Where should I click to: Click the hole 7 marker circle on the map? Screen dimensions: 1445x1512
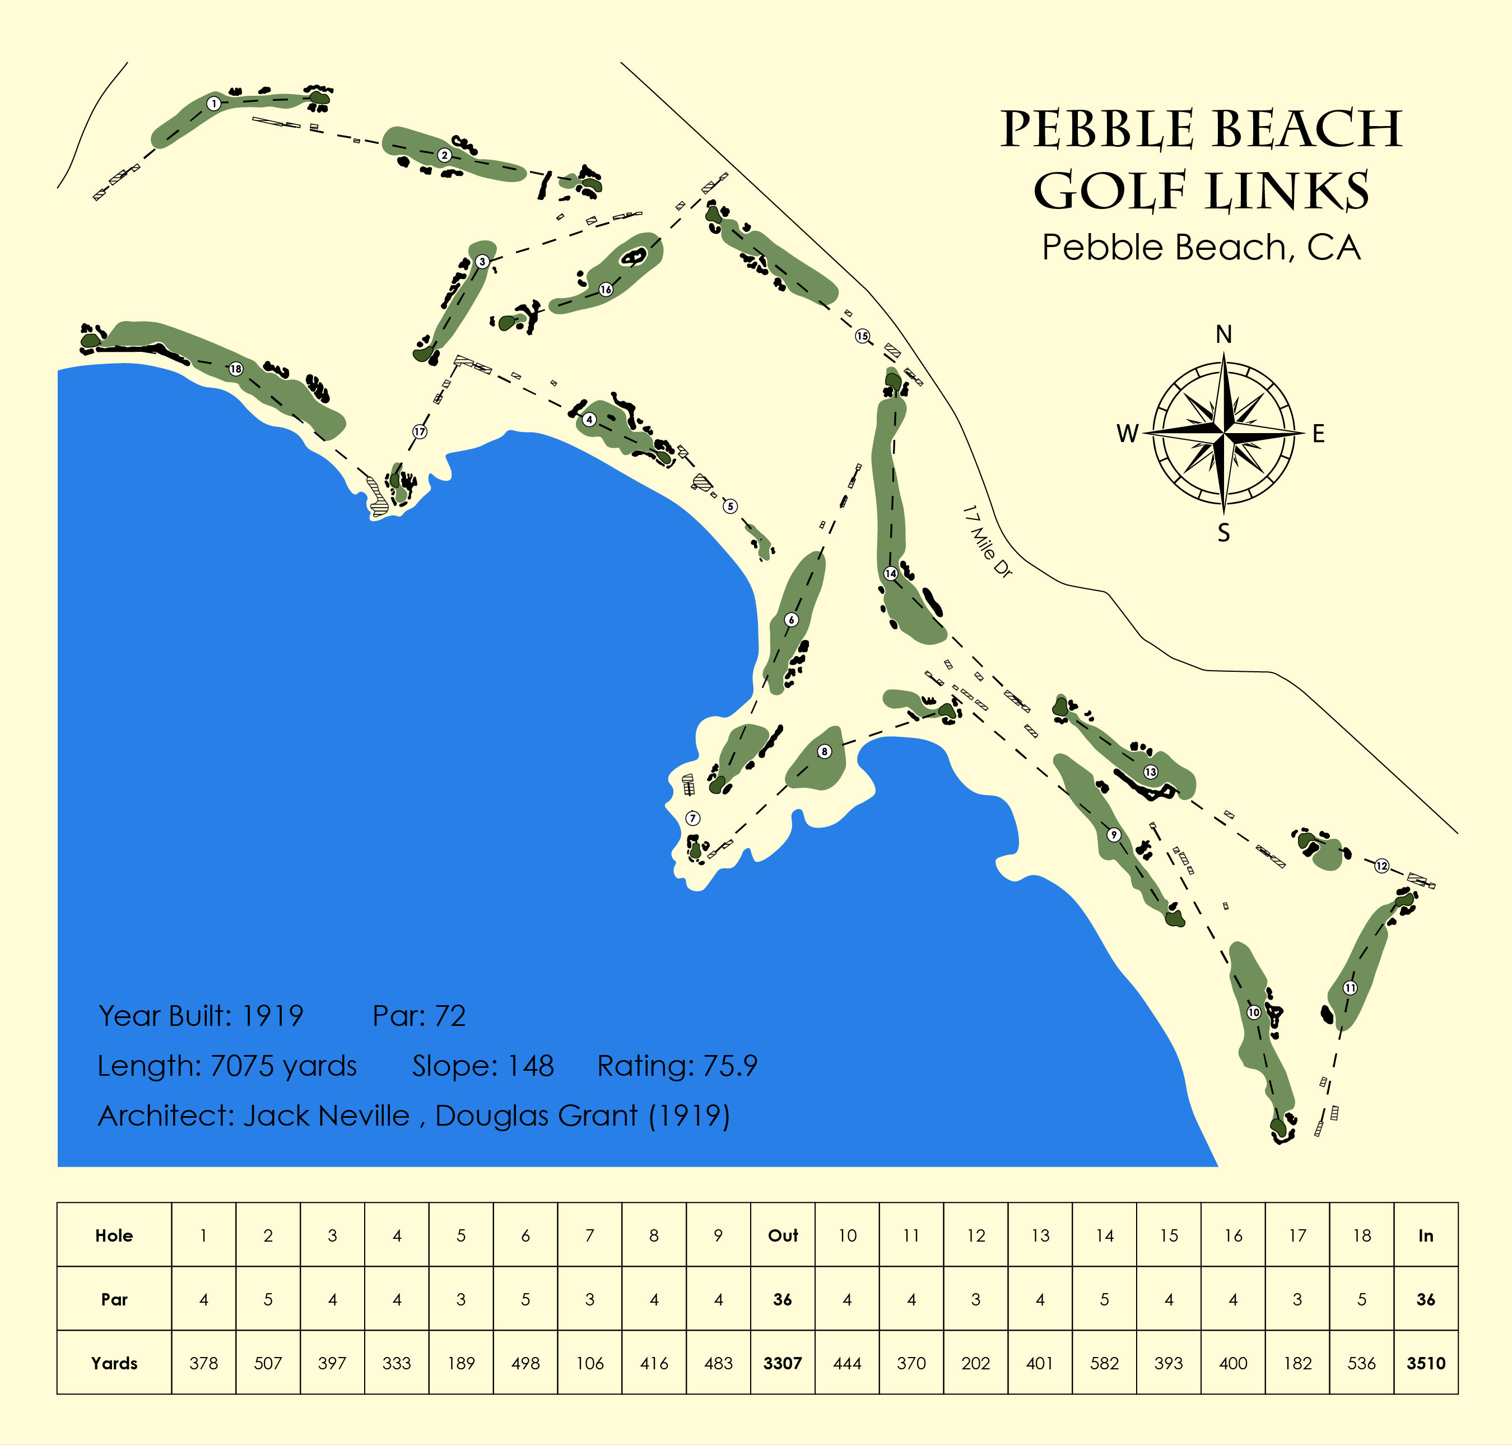692,818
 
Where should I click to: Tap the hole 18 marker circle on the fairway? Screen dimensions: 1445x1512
236,369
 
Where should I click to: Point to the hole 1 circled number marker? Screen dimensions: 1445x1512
214,103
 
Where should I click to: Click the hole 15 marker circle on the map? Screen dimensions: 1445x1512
862,336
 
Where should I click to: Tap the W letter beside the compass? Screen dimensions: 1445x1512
1128,434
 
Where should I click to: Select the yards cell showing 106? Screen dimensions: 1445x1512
589,1363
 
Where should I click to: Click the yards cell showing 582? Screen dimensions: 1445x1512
1104,1363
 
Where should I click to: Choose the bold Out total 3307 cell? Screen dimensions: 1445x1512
783,1363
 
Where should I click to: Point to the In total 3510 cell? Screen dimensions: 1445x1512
1426,1363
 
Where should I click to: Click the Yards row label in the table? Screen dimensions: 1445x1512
114,1363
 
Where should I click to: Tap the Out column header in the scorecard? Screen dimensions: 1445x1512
783,1235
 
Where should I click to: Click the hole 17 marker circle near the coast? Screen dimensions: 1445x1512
419,431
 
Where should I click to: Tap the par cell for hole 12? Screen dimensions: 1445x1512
975,1299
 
